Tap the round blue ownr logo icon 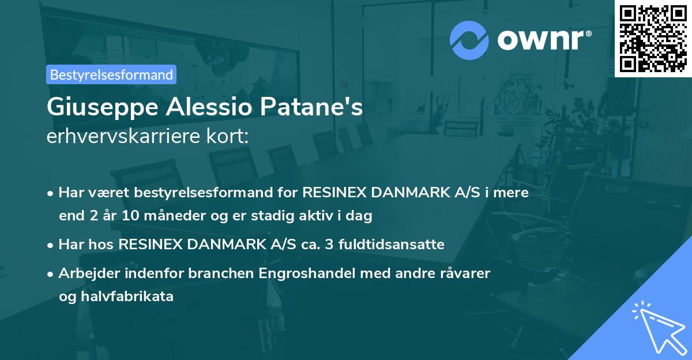[469, 40]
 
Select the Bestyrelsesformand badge [111, 74]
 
